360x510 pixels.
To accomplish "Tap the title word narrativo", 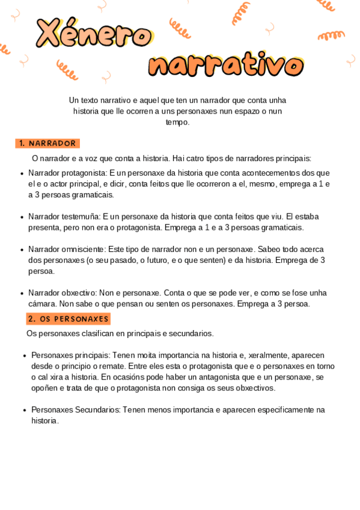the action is click(x=225, y=65).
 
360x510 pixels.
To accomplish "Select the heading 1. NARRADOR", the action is click(x=47, y=143).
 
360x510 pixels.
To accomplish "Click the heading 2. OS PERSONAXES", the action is click(x=68, y=319).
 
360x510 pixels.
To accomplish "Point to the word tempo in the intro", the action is click(x=177, y=122).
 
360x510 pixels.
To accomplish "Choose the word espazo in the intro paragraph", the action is click(x=237, y=111).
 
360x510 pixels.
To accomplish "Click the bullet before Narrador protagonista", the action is click(x=22, y=173).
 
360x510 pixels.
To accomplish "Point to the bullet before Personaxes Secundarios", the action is click(x=25, y=410).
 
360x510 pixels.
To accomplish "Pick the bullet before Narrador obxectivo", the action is click(x=22, y=293).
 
